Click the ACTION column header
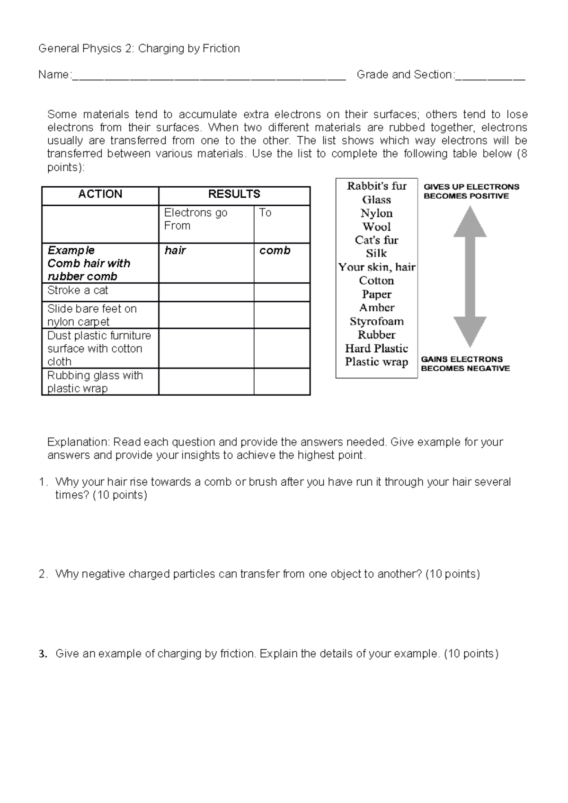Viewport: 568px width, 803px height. [x=100, y=194]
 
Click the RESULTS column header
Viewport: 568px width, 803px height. [x=234, y=194]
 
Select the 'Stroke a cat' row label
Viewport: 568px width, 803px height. [x=78, y=290]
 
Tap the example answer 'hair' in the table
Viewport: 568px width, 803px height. [x=175, y=251]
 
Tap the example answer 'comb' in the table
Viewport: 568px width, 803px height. [x=275, y=251]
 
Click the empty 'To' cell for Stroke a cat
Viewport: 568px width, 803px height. [x=282, y=292]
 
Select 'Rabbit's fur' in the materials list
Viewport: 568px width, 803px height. [x=376, y=186]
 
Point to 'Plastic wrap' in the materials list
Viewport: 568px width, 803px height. [x=376, y=362]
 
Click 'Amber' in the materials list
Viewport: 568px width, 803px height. [x=376, y=308]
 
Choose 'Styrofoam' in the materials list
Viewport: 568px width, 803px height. [x=376, y=322]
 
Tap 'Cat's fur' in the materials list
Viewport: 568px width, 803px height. [x=376, y=240]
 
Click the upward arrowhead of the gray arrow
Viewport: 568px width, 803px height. [x=470, y=222]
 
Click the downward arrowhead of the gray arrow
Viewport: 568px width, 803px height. [x=470, y=331]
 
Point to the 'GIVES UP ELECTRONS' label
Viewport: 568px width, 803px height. [x=471, y=187]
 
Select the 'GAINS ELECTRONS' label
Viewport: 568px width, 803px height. [x=461, y=359]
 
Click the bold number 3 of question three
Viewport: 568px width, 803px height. [x=43, y=655]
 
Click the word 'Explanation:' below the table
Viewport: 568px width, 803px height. [x=78, y=442]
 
